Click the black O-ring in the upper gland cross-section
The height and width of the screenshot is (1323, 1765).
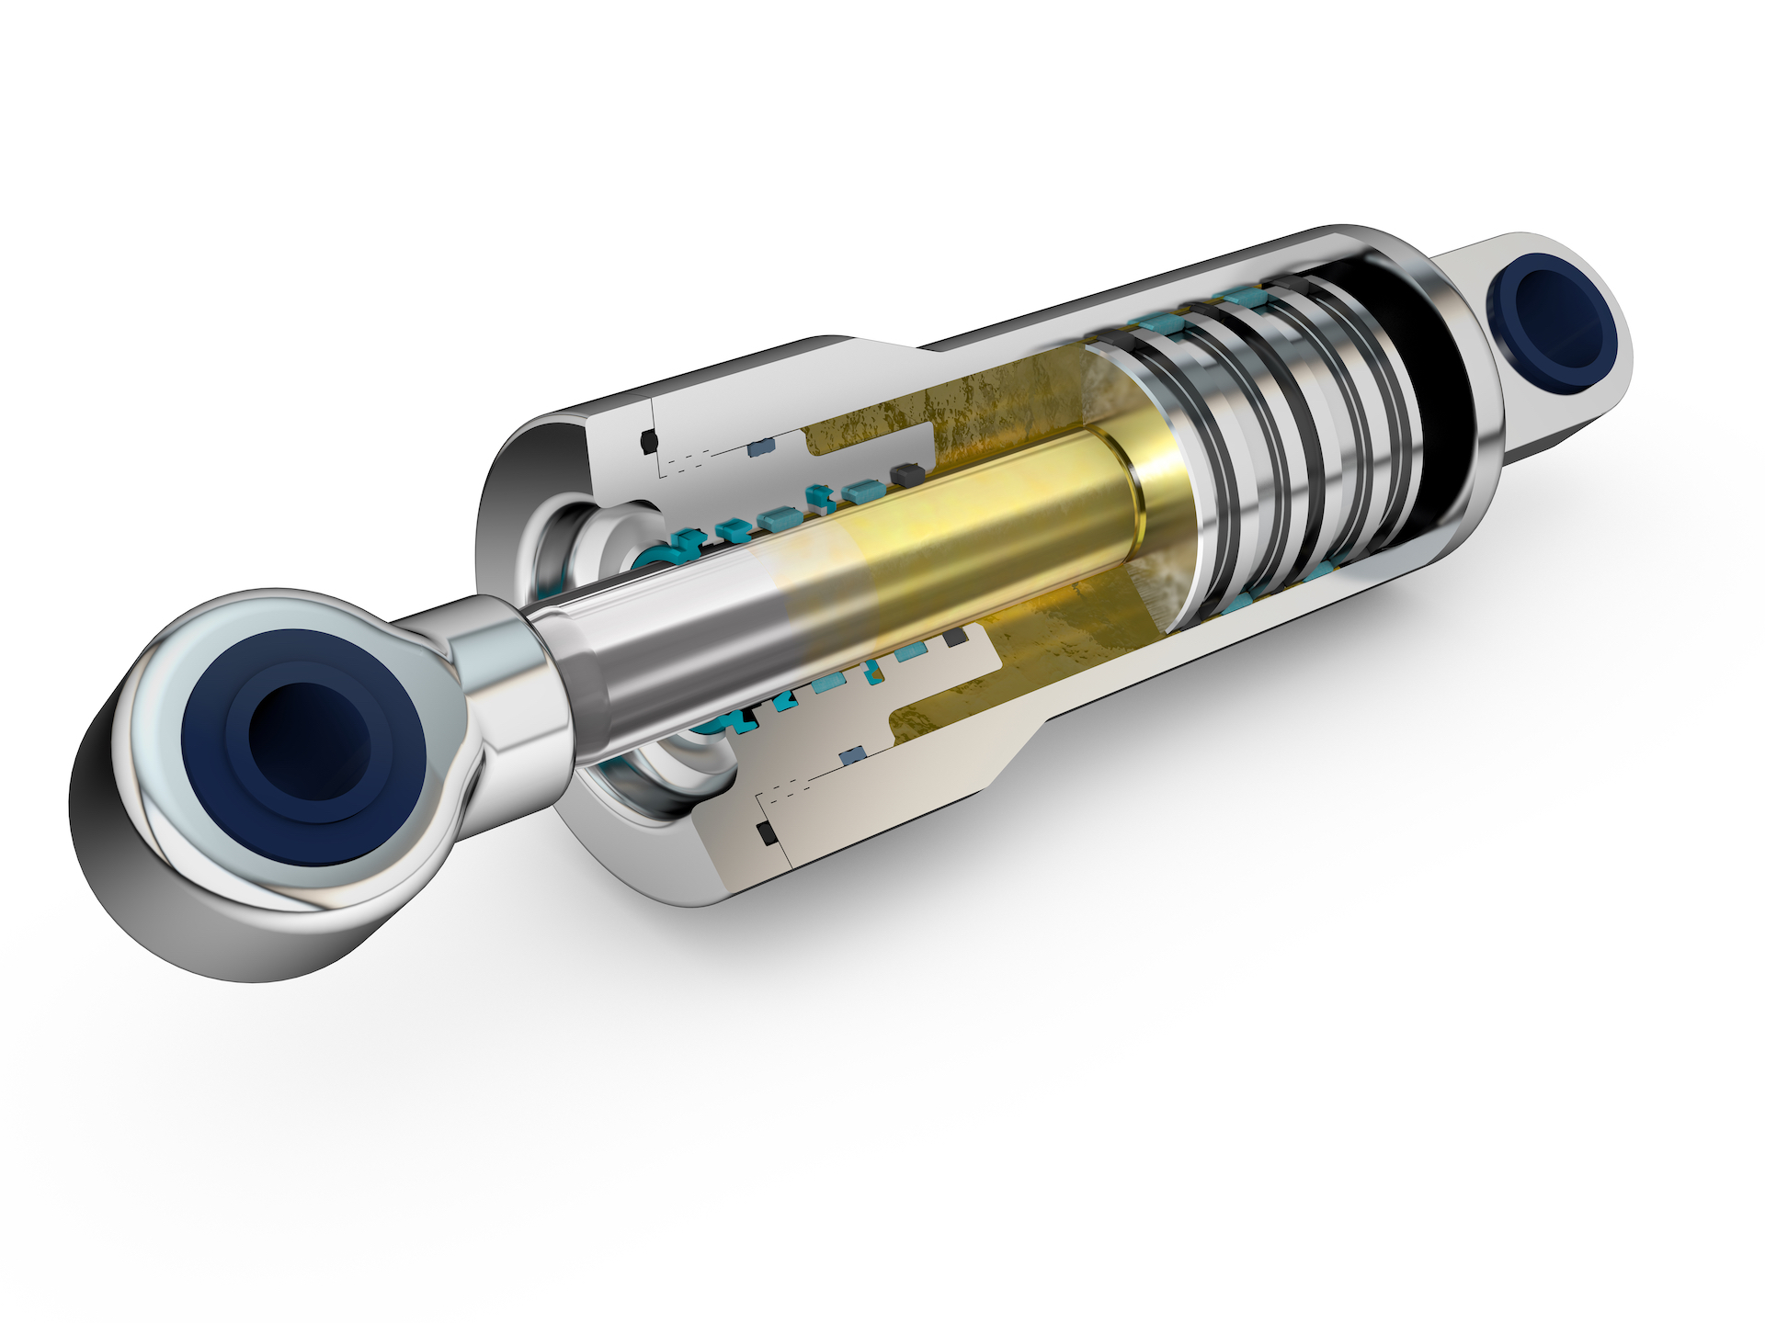tap(649, 442)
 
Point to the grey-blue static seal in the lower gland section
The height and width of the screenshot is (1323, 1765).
tap(854, 754)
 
